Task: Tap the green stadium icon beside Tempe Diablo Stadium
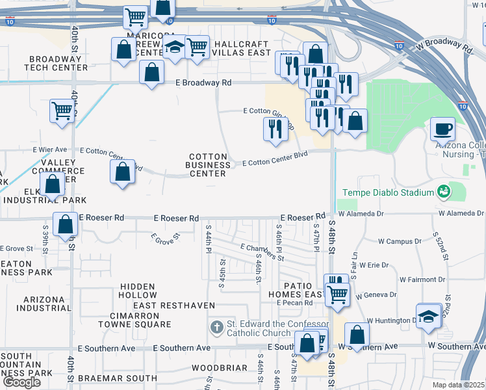pos(444,192)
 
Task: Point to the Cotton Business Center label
pos(208,165)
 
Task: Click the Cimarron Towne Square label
pos(135,319)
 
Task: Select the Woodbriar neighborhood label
pos(220,368)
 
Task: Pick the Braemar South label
pos(118,378)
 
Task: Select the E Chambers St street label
pos(262,252)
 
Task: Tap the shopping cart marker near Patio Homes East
pos(337,294)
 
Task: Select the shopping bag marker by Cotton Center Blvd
pos(122,172)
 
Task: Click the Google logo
pos(21,382)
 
